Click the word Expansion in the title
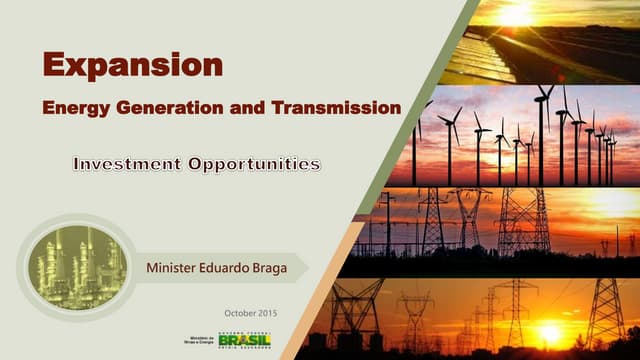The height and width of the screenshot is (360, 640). tap(132, 64)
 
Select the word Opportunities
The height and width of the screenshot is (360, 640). tap(254, 163)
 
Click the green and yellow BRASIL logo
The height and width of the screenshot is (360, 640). tap(244, 341)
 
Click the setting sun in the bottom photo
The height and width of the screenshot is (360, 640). tap(549, 333)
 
